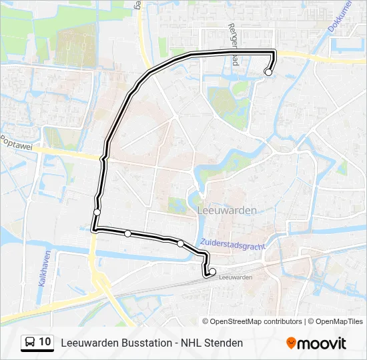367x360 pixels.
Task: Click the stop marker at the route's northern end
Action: (x=268, y=72)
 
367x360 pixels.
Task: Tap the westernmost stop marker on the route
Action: (x=97, y=212)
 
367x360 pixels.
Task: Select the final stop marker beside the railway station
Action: (x=212, y=271)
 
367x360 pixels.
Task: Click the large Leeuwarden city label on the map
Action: (x=228, y=210)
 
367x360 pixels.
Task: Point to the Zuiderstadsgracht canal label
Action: (x=232, y=245)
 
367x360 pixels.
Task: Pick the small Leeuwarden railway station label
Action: (x=234, y=277)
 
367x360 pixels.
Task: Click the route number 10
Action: (x=45, y=342)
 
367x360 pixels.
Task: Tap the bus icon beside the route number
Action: (x=30, y=343)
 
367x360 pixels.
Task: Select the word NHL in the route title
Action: (x=190, y=343)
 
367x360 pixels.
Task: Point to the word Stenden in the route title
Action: (x=223, y=343)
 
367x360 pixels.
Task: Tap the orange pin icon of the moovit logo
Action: (x=291, y=343)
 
